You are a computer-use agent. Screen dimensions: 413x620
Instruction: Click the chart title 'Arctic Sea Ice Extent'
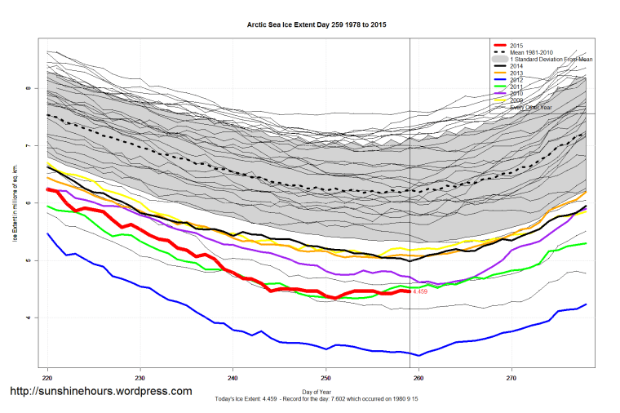click(x=317, y=25)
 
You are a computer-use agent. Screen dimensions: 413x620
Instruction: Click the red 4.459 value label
click(x=420, y=291)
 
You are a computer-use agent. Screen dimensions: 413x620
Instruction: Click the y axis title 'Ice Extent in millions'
click(x=14, y=204)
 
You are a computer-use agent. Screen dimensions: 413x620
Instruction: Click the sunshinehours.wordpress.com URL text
click(x=100, y=391)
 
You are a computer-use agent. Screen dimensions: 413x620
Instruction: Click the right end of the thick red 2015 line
click(x=410, y=291)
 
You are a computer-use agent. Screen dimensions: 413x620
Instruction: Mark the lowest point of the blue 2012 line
click(x=419, y=355)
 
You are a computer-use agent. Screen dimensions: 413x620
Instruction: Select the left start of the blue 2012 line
click(x=47, y=233)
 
